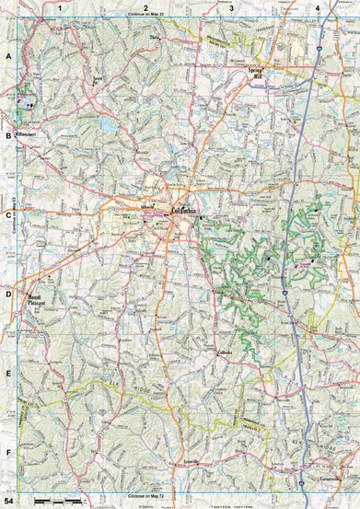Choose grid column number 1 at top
pyautogui.click(x=58, y=7)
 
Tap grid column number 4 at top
pyautogui.click(x=317, y=7)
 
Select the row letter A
pyautogui.click(x=7, y=56)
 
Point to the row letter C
pyautogui.click(x=7, y=215)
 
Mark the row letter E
pyautogui.click(x=7, y=374)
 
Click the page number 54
pyautogui.click(x=8, y=502)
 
